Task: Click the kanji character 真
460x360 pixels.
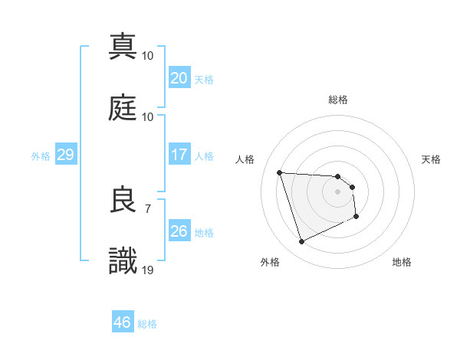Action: click(123, 46)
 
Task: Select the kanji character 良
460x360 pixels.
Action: click(123, 201)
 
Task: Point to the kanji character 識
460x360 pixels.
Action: click(123, 261)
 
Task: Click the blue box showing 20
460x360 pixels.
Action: click(179, 77)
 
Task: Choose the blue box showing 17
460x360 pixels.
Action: click(179, 155)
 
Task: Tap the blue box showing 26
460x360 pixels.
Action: click(179, 231)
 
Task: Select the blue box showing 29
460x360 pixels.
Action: click(65, 155)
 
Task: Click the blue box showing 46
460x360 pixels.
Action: click(123, 322)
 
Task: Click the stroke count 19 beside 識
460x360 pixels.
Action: click(148, 270)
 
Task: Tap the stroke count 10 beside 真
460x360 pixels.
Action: click(148, 55)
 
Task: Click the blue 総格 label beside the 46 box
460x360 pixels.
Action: click(147, 324)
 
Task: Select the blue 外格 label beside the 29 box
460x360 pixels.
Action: click(41, 155)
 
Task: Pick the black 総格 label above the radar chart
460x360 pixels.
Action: click(338, 100)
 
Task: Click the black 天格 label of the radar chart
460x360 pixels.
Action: click(432, 159)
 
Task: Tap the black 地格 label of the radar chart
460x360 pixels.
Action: click(402, 262)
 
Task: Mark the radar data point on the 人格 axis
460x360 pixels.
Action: click(280, 172)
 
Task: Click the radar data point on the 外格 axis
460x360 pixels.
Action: click(301, 242)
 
